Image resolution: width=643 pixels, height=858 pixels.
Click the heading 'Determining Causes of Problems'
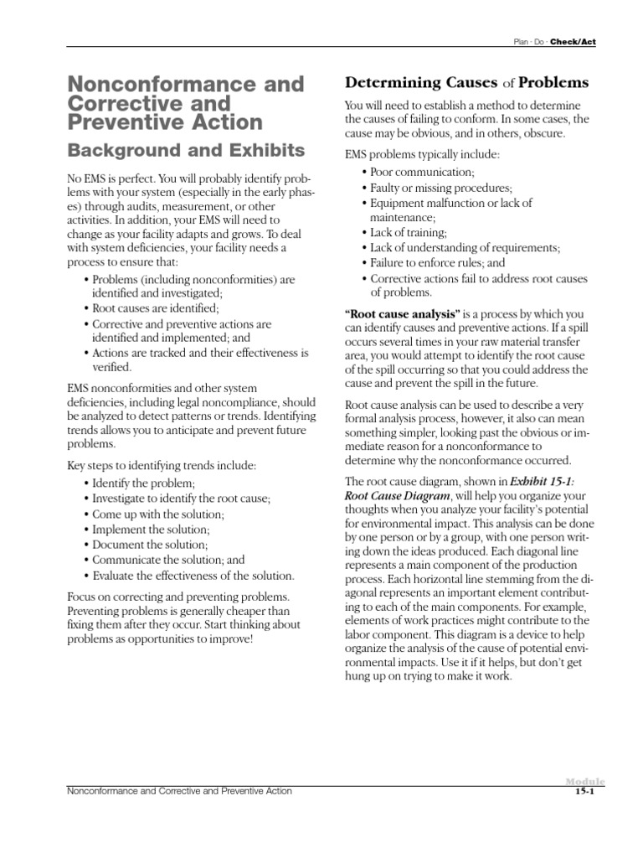tap(467, 83)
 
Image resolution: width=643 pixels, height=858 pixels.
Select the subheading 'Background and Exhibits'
tap(185, 150)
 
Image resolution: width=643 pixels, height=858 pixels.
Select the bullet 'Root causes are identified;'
tap(157, 308)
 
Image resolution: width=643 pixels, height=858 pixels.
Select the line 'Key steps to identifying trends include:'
tap(162, 466)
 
